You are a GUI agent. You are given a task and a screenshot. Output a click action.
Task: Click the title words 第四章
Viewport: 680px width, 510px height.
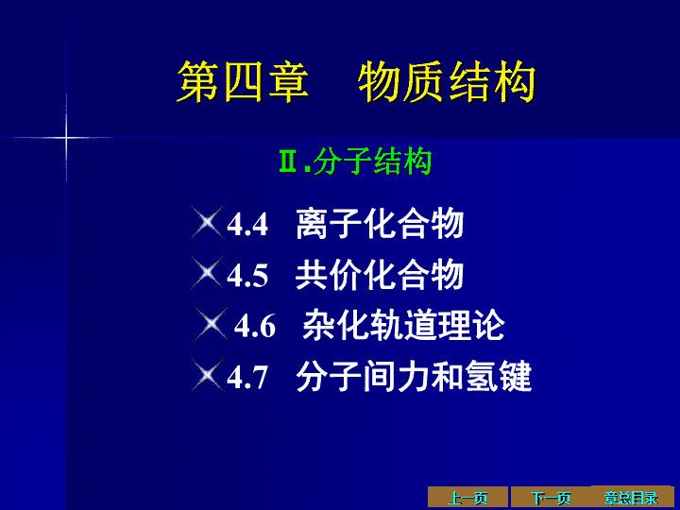coord(243,81)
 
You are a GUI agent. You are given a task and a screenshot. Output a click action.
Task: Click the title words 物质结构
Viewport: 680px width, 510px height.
coord(447,81)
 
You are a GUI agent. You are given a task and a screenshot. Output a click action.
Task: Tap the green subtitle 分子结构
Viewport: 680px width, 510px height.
coord(372,161)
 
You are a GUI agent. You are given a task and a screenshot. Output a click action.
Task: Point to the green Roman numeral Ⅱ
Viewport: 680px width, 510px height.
coord(290,161)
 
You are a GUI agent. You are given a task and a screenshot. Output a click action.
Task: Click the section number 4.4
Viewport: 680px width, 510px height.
coord(247,224)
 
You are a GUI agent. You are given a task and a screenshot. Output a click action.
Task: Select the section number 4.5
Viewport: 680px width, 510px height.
coord(247,276)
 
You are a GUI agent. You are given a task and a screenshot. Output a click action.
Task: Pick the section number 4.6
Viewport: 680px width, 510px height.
coord(255,326)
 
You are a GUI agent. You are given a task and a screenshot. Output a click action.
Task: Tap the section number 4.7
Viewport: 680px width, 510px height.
coord(247,377)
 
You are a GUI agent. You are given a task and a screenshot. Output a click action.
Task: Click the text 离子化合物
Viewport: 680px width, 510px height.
coord(380,223)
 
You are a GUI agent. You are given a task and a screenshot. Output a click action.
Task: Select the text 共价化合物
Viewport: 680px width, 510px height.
coord(380,275)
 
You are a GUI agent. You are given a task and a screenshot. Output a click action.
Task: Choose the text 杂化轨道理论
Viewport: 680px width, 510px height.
coord(404,325)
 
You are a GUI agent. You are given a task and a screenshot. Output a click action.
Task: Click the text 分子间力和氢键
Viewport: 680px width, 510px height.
coord(414,376)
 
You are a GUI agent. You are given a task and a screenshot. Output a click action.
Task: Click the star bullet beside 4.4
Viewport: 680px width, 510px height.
coord(207,223)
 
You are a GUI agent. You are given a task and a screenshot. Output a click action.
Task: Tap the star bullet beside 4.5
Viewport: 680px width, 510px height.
coord(207,273)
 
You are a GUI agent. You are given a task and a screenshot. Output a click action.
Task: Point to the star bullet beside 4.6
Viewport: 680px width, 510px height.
coord(212,324)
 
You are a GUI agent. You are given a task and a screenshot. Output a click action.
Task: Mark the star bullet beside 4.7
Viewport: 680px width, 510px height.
coord(207,376)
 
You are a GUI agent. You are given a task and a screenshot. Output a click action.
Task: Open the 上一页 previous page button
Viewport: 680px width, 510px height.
coord(467,498)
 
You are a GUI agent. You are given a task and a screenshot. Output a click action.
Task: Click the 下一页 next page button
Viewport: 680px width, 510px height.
coord(551,498)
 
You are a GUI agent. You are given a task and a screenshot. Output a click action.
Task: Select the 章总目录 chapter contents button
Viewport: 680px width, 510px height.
coord(632,497)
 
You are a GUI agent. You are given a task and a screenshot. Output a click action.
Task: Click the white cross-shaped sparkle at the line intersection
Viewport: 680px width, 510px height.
coord(66,138)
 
